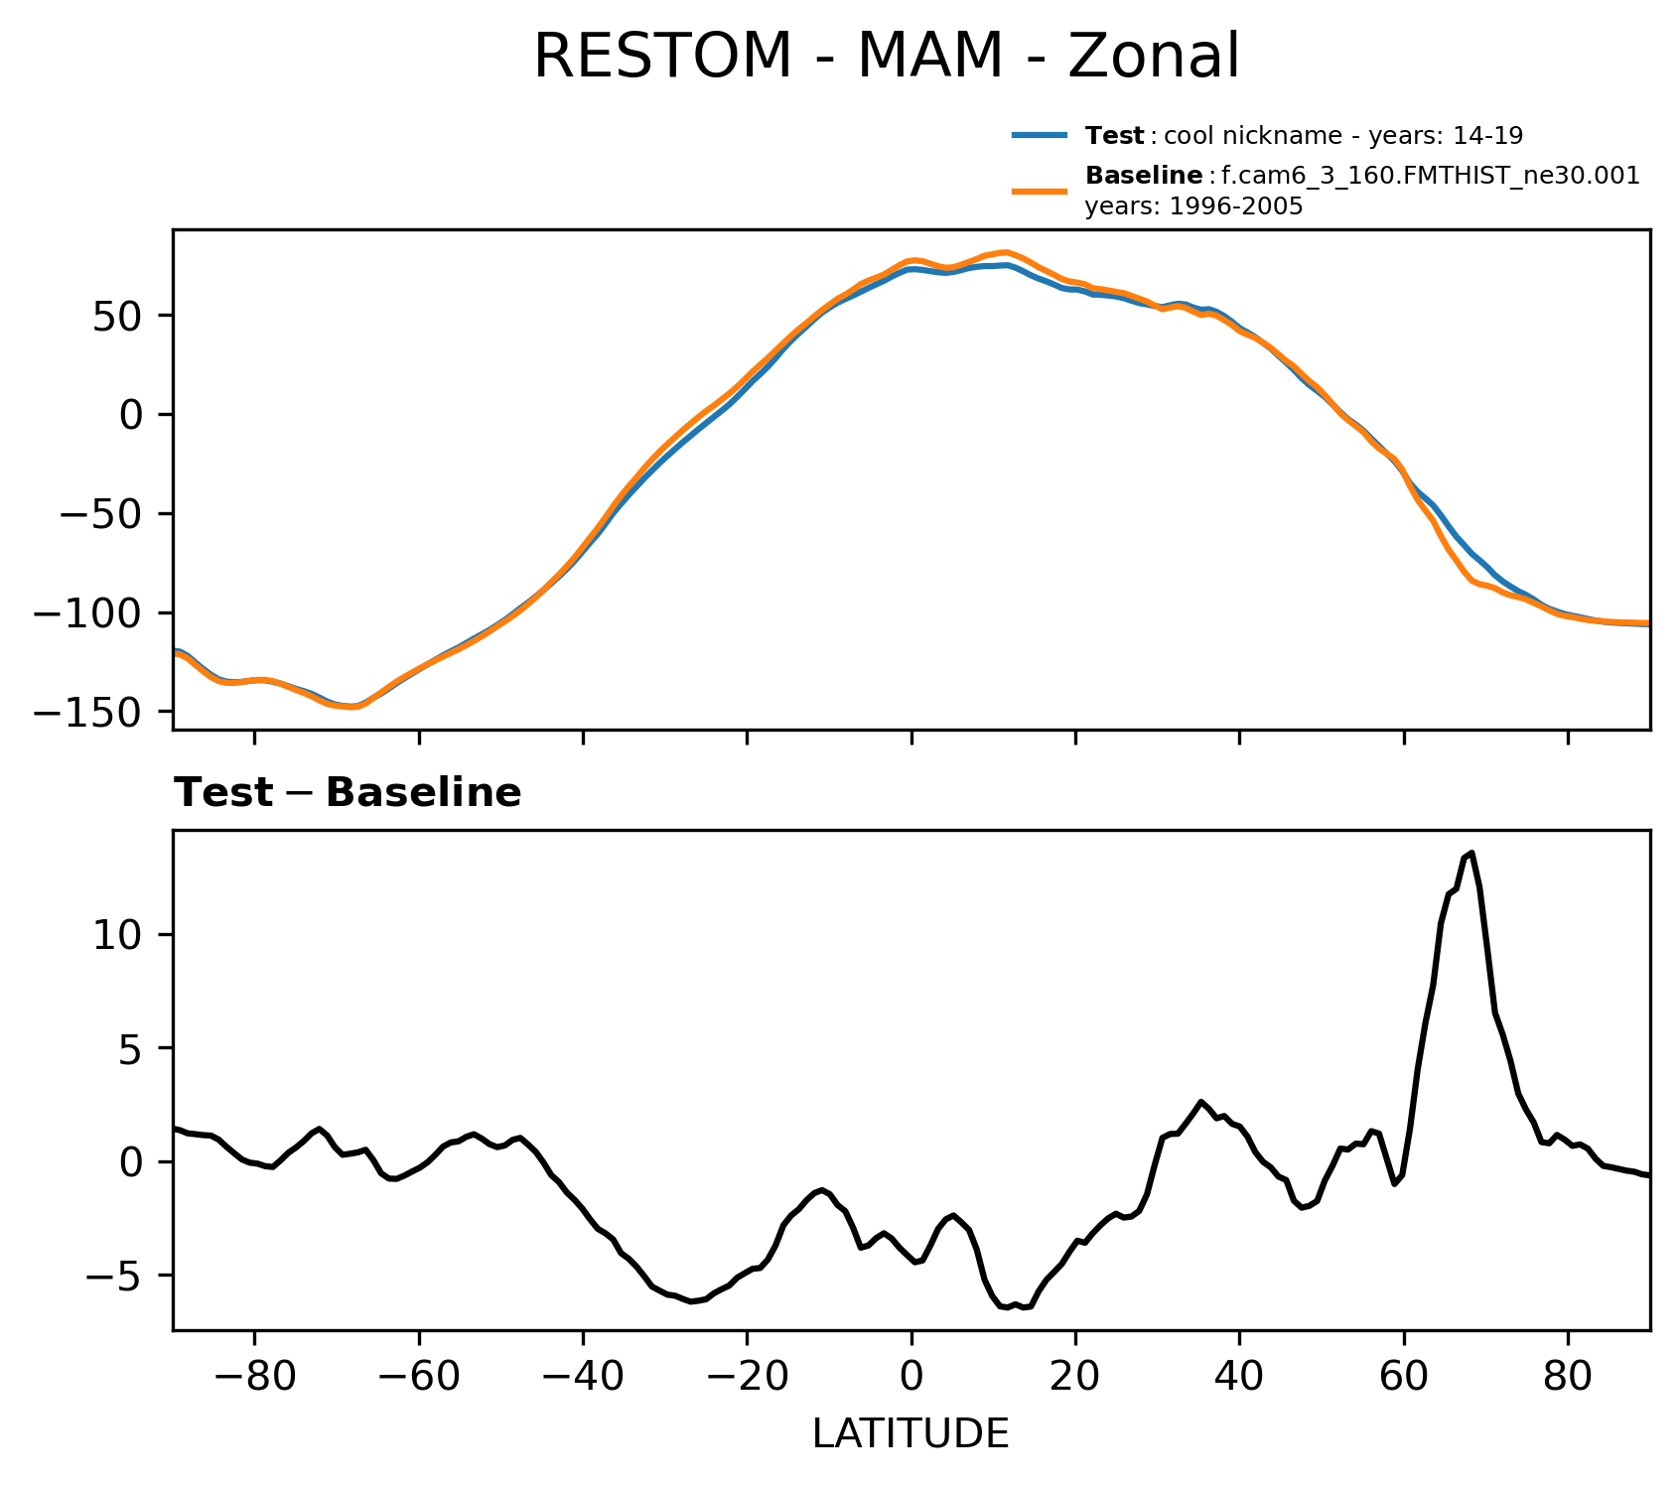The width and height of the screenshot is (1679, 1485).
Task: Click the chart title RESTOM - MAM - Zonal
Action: [x=887, y=57]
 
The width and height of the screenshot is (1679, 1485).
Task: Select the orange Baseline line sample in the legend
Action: [x=1040, y=191]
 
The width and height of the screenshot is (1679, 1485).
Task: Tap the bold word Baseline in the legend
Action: [x=1144, y=176]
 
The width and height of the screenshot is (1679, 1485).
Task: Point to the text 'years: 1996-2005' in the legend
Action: [x=1193, y=206]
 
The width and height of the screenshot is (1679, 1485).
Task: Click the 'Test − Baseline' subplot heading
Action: [x=348, y=793]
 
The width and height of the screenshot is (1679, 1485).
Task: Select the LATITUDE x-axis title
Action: [x=910, y=1433]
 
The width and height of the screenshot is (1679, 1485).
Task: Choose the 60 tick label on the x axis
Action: [x=1403, y=1381]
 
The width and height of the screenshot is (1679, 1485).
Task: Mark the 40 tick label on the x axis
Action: [x=1239, y=1381]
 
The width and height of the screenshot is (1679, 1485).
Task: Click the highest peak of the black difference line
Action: [x=1471, y=853]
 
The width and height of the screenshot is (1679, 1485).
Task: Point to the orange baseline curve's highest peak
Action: [x=1007, y=252]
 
